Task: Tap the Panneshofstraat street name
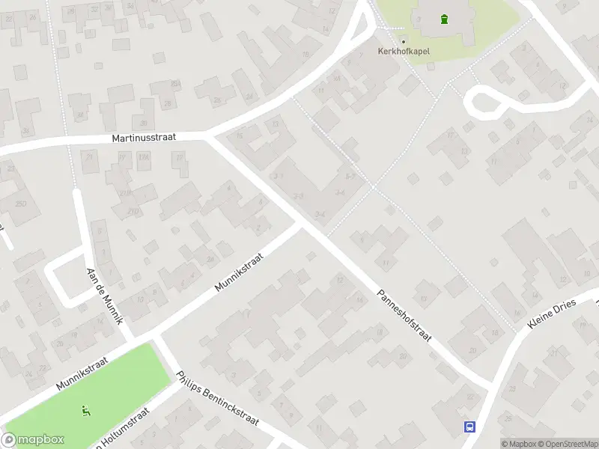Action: [404, 316]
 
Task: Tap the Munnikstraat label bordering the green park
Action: [82, 373]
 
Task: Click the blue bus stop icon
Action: [469, 427]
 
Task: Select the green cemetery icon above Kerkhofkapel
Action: [445, 19]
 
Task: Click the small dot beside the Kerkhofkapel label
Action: [403, 41]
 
